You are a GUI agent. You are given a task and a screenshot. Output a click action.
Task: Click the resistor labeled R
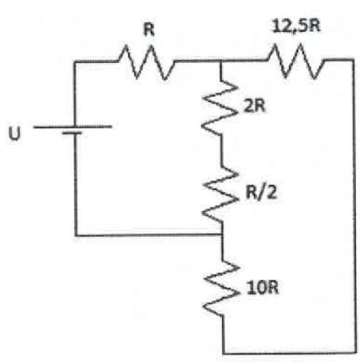click(146, 62)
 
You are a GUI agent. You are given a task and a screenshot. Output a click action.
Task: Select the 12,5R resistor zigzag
click(295, 61)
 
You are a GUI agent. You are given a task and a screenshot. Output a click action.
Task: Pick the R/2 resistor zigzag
click(221, 195)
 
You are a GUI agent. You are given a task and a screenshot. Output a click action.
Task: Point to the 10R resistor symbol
click(222, 289)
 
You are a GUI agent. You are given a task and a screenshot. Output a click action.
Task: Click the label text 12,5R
click(296, 26)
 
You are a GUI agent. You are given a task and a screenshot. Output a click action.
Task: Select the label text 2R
click(255, 106)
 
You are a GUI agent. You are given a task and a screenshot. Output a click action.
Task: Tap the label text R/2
click(261, 192)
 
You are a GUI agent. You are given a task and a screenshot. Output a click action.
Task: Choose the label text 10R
click(263, 288)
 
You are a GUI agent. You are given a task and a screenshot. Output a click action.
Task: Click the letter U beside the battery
click(14, 133)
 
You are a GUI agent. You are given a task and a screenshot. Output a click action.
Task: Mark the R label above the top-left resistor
click(148, 30)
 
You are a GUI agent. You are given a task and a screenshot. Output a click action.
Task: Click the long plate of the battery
click(73, 127)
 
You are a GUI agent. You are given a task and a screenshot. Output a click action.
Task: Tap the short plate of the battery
click(72, 132)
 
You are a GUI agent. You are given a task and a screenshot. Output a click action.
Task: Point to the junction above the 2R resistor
click(220, 61)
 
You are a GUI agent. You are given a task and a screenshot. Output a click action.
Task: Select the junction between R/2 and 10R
click(222, 234)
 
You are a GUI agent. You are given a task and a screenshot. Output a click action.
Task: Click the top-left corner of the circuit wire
click(75, 62)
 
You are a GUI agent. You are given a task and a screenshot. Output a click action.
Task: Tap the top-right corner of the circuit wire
click(353, 60)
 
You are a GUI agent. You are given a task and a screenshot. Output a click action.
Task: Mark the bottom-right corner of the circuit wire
click(356, 352)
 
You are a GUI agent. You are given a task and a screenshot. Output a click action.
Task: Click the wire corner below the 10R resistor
click(224, 353)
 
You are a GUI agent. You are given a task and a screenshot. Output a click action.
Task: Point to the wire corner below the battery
click(77, 235)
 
